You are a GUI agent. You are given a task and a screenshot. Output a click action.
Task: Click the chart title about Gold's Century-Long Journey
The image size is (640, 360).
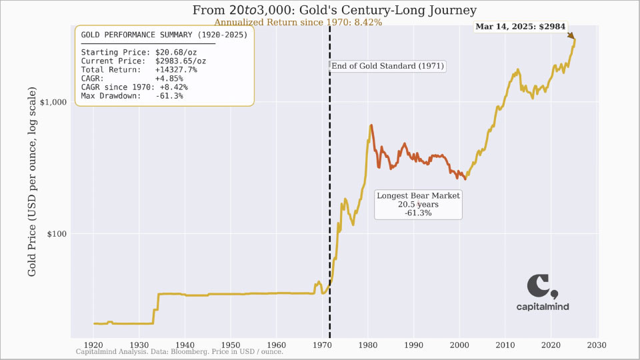(x=334, y=11)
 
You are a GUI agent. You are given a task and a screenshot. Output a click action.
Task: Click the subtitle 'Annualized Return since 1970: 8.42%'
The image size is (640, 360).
(x=298, y=22)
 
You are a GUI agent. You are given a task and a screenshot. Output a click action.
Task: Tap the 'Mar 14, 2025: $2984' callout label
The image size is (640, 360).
(x=520, y=27)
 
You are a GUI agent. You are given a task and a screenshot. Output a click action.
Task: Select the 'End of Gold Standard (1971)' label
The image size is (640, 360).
(x=387, y=66)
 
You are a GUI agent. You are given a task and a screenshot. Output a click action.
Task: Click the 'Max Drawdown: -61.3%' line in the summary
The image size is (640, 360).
(x=132, y=95)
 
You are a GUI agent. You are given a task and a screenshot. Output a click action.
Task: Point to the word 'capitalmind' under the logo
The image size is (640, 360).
(x=543, y=307)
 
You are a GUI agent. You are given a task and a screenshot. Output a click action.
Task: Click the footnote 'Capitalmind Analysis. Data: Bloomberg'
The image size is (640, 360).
(x=179, y=351)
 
